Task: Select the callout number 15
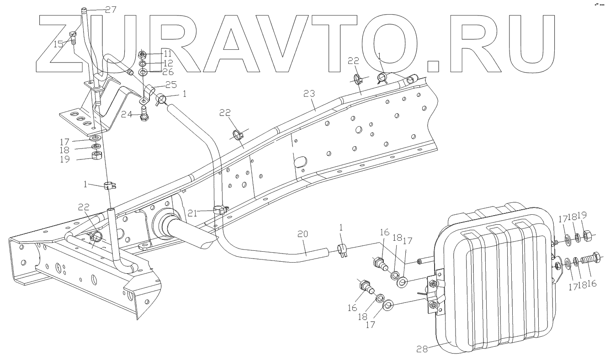click(58, 44)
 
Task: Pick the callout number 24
click(126, 115)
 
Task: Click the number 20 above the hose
click(302, 233)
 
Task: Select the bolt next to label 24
click(143, 113)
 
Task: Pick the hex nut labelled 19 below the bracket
click(96, 157)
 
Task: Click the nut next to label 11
click(143, 54)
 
